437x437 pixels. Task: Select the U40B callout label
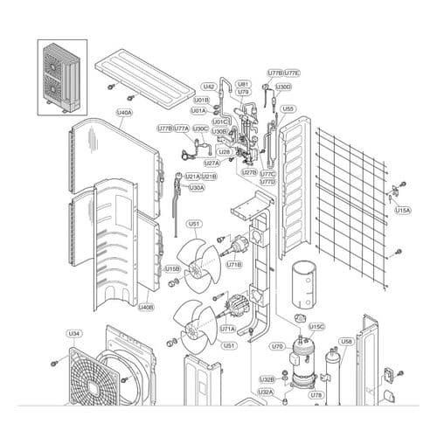[x=146, y=308]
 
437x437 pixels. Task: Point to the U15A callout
[x=401, y=211]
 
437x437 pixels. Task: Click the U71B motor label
[x=234, y=264]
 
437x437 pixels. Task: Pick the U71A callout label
[x=227, y=329]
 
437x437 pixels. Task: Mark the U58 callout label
[x=346, y=341]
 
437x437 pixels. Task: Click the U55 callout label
[x=288, y=109]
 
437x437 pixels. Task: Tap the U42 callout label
[x=209, y=87]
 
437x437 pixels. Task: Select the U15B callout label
[x=172, y=269]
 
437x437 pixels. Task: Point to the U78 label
[x=316, y=395]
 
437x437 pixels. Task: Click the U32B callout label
[x=267, y=379]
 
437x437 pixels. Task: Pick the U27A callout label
[x=212, y=163]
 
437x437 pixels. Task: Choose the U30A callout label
[x=197, y=188]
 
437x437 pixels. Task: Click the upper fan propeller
[x=197, y=261]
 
